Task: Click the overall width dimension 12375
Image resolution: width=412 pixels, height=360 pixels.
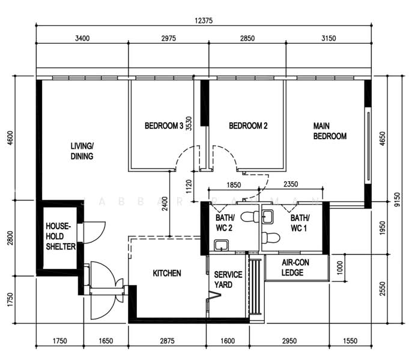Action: click(x=204, y=20)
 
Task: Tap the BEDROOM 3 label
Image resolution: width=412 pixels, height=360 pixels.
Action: click(x=164, y=126)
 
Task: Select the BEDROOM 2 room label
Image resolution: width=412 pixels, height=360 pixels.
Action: click(x=248, y=126)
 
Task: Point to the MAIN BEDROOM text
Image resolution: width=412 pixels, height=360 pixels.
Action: click(x=330, y=131)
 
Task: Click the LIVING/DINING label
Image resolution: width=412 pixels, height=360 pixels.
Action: click(x=82, y=151)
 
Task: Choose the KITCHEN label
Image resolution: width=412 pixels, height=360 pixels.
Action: click(x=167, y=274)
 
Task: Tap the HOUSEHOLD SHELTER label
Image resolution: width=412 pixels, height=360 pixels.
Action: click(x=61, y=236)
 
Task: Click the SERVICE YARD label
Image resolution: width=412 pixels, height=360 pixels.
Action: click(x=228, y=280)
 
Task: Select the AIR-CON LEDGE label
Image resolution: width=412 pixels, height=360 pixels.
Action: click(x=295, y=268)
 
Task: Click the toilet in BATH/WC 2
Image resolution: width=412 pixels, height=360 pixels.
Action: click(x=250, y=217)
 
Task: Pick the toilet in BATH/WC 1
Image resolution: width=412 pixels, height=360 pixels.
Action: click(x=271, y=238)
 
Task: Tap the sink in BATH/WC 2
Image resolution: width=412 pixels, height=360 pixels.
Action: click(x=221, y=245)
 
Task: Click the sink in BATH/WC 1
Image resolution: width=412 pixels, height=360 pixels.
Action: click(x=268, y=217)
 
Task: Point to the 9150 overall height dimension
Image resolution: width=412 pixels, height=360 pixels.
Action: click(x=398, y=200)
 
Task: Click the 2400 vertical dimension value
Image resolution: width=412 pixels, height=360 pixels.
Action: click(x=165, y=203)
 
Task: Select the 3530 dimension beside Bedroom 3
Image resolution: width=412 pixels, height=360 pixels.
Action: click(x=189, y=124)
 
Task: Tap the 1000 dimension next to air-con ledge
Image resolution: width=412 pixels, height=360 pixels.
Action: click(x=340, y=268)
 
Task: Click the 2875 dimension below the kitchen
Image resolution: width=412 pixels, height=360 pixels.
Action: click(x=168, y=341)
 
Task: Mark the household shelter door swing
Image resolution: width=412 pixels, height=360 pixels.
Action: click(x=95, y=233)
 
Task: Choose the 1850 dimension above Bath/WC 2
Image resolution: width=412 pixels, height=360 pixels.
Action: click(x=234, y=185)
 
